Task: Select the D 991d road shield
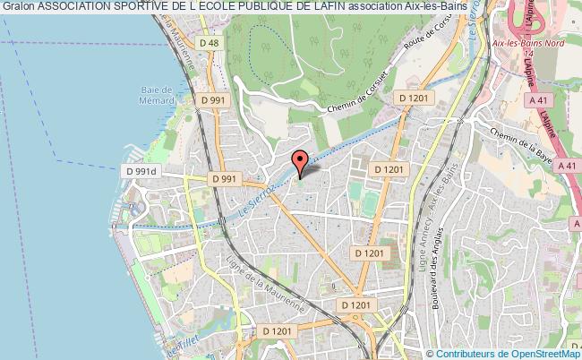141,171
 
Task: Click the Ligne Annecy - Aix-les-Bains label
427,235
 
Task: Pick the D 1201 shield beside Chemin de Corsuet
415,97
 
